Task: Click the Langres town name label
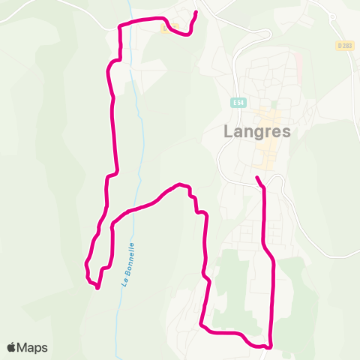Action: [257, 131]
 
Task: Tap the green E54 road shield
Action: [238, 103]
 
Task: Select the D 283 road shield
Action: [343, 46]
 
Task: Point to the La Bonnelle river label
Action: [128, 263]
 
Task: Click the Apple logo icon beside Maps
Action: [11, 347]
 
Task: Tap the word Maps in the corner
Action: [32, 348]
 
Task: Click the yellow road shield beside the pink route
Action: [164, 28]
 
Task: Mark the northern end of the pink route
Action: [196, 13]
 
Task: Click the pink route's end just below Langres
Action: [257, 178]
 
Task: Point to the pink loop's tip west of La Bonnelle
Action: [97, 287]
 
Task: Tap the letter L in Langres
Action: [229, 131]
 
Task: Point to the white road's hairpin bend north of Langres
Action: [268, 34]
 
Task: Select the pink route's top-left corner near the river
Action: [120, 25]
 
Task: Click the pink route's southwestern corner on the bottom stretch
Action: [202, 325]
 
